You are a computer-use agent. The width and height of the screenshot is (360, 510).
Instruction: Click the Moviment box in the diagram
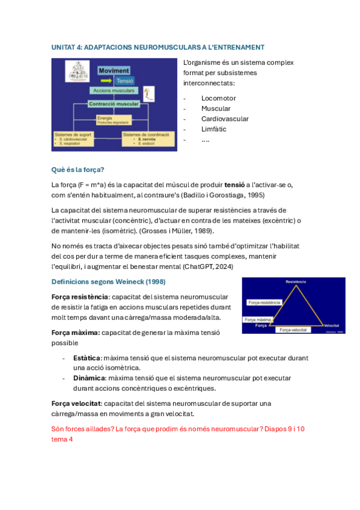point(114,70)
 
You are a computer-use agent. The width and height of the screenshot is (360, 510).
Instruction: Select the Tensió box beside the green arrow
point(124,81)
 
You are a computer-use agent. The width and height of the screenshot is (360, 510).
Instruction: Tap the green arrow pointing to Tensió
point(107,81)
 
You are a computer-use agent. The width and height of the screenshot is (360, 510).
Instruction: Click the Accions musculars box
point(113,91)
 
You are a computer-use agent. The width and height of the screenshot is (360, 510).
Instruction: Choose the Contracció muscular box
point(114,103)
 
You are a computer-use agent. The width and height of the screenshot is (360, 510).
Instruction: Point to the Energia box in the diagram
point(114,119)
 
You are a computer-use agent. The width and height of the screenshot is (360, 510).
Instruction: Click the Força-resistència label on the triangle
point(262,303)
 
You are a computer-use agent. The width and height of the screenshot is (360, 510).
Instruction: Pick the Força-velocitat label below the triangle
point(293,330)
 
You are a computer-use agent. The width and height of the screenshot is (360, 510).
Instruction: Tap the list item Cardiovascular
point(225,119)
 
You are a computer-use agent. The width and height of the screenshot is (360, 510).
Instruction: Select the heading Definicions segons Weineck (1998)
point(109,282)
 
